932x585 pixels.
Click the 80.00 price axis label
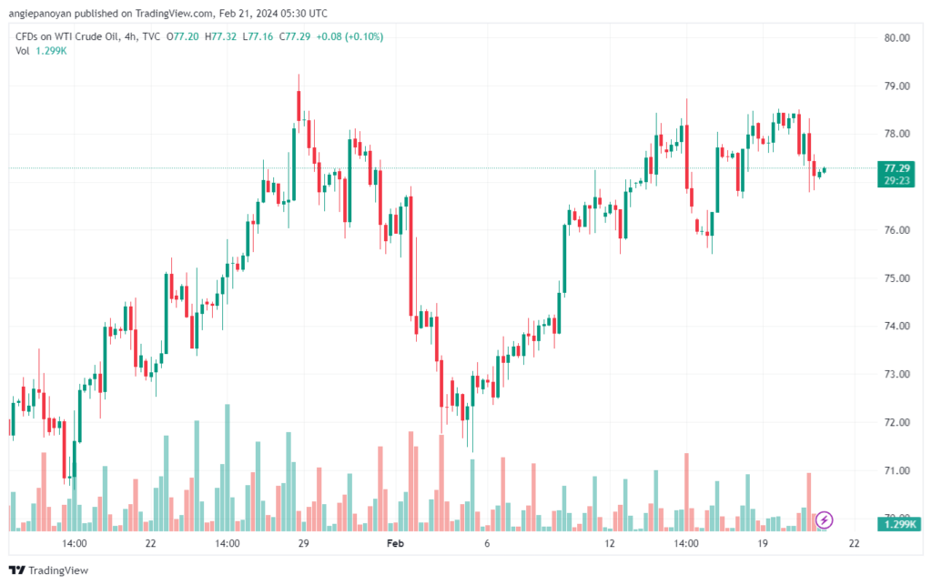(x=897, y=37)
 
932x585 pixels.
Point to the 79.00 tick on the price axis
(x=897, y=86)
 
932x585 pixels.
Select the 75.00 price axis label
(x=897, y=278)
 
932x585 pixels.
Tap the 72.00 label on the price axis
(x=897, y=423)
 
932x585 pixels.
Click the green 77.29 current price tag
(x=897, y=168)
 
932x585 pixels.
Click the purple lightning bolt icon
(x=824, y=519)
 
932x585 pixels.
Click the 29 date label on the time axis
(x=304, y=544)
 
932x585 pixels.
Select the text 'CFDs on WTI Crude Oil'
(x=65, y=36)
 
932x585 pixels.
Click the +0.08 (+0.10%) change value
(x=349, y=36)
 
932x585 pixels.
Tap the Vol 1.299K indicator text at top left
(x=41, y=50)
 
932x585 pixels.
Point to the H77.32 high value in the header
(x=222, y=36)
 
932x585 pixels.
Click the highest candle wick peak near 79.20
(x=299, y=76)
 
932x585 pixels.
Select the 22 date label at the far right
(x=854, y=544)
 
